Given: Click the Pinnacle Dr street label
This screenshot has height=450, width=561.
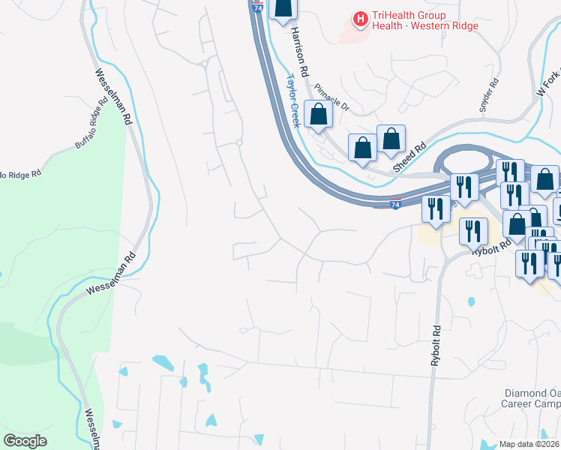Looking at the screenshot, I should [332, 95].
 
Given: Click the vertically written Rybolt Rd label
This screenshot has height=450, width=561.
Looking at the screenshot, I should [436, 346].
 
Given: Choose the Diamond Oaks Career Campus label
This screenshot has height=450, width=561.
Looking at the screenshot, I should [530, 397].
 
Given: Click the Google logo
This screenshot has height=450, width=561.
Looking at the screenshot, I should [25, 441].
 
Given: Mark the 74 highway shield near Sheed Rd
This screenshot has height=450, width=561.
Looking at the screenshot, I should [396, 204].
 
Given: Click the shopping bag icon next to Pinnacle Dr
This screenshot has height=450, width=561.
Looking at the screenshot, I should [319, 115].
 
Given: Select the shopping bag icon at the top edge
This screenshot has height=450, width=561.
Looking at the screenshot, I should [282, 8].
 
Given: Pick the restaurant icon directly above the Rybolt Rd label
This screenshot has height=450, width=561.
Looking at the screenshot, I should [472, 230].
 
